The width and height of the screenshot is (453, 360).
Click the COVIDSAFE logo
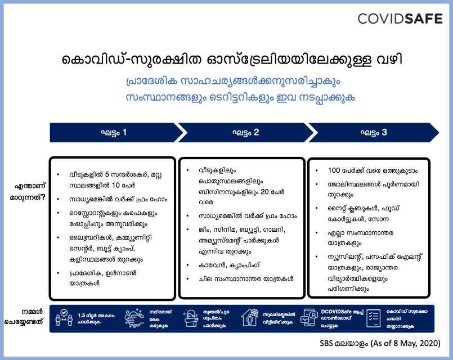click(x=401, y=19)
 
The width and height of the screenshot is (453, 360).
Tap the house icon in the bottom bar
click(x=249, y=318)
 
